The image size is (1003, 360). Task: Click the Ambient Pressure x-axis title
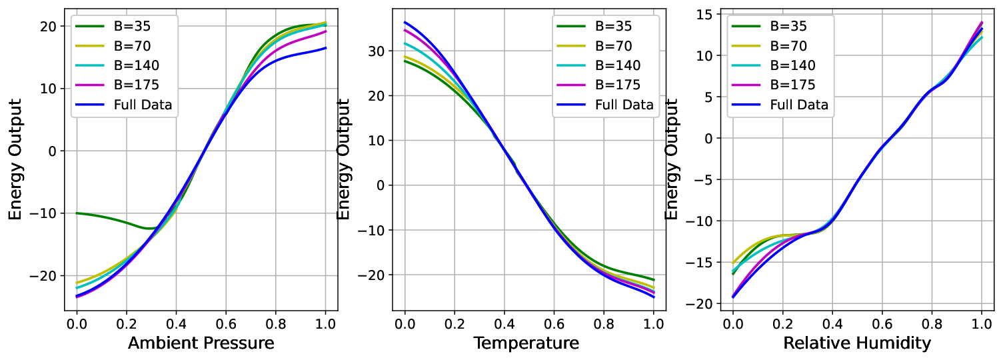tap(201, 343)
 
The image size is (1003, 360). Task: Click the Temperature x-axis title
tap(526, 343)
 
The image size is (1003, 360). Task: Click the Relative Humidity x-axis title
tap(857, 343)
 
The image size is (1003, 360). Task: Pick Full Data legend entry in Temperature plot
tap(605, 105)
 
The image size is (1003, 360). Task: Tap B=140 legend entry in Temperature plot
tap(598, 65)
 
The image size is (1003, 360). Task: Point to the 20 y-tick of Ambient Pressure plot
tap(48, 27)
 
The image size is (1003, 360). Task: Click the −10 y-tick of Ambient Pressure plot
tap(43, 213)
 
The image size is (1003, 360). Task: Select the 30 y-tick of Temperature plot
tap(376, 51)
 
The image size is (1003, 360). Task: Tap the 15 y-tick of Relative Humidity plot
tap(705, 14)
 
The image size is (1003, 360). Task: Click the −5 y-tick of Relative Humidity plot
tap(704, 180)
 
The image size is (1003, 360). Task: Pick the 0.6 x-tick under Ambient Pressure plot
tap(226, 324)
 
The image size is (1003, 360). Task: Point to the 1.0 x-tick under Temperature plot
tap(654, 324)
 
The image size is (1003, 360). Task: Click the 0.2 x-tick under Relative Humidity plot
tap(782, 324)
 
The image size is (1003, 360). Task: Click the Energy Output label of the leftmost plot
tap(15, 159)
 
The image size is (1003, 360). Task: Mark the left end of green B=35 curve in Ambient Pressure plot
tap(77, 213)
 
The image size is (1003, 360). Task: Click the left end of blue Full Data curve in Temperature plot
tap(405, 22)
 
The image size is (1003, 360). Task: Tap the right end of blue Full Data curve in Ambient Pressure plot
tap(325, 48)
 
